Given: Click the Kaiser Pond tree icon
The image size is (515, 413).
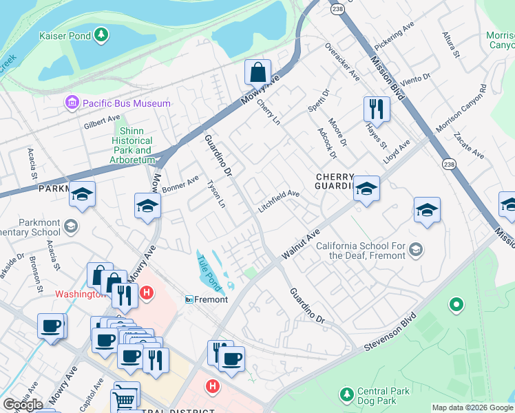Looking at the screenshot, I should pyautogui.click(x=101, y=34).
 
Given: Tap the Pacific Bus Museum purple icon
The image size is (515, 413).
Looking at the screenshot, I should pyautogui.click(x=72, y=103).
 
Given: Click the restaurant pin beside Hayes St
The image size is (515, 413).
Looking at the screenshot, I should pyautogui.click(x=377, y=109).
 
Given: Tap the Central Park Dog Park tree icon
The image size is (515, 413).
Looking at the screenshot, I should pyautogui.click(x=347, y=395).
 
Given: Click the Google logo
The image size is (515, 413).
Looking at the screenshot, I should pyautogui.click(x=23, y=405).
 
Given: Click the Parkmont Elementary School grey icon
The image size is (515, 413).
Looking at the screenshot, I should pyautogui.click(x=70, y=226).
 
